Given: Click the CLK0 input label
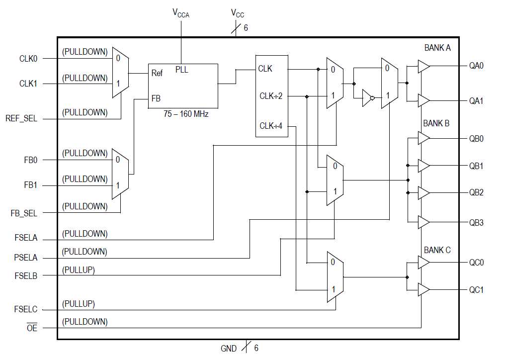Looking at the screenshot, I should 28,59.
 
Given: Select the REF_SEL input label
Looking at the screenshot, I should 21,119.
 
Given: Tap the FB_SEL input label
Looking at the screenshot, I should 24,213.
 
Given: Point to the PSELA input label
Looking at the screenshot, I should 26,258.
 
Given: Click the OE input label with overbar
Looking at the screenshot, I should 32,328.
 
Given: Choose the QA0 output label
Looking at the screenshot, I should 476,66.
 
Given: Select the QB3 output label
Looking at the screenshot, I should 476,223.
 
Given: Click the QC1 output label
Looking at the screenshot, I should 476,290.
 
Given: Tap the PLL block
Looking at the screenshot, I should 182,85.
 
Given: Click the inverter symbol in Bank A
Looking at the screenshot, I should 367,98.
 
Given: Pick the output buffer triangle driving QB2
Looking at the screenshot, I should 423,192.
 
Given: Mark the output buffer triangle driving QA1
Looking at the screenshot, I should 423,100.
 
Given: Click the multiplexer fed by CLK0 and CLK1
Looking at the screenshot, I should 120,72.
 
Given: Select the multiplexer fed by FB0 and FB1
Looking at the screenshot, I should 120,173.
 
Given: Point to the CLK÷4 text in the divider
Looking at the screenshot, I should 271,126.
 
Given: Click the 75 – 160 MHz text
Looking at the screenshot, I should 186,114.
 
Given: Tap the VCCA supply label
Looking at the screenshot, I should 181,13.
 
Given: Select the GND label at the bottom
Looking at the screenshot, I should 229,349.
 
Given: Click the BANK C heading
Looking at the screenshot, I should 437,250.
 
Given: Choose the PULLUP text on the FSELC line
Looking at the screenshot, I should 79,304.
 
